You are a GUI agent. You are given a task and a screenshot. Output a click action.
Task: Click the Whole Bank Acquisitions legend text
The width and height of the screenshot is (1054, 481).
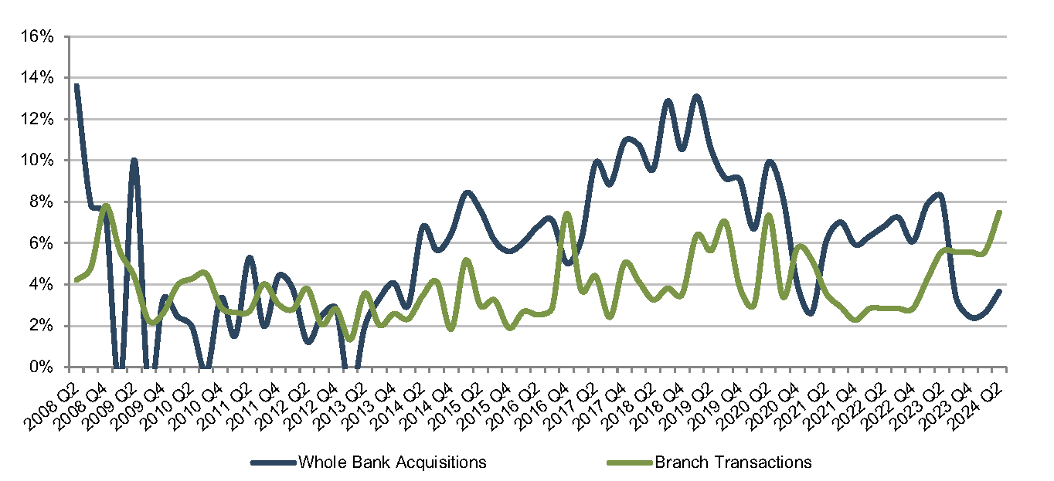[392, 462]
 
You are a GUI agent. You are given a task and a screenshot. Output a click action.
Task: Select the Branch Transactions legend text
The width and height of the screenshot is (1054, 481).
[733, 462]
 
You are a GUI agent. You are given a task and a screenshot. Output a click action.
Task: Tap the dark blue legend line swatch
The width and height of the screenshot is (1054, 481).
[273, 462]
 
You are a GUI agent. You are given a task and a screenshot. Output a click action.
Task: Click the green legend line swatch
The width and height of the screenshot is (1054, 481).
[630, 462]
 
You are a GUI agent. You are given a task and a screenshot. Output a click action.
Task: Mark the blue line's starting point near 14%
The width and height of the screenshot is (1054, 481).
[76, 85]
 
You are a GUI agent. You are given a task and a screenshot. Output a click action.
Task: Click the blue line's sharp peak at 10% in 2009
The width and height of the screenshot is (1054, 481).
[134, 161]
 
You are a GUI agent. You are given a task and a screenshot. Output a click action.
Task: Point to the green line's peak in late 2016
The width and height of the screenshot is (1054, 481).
[567, 213]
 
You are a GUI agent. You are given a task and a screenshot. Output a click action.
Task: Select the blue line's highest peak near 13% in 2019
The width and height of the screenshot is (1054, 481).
[696, 97]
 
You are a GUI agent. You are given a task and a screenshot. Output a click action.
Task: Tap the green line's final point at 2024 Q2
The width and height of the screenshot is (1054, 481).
[1000, 212]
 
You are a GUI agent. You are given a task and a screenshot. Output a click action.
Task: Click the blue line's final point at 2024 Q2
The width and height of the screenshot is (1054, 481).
[1000, 291]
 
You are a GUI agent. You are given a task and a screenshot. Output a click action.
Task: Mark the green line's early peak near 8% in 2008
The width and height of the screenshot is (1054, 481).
[106, 205]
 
